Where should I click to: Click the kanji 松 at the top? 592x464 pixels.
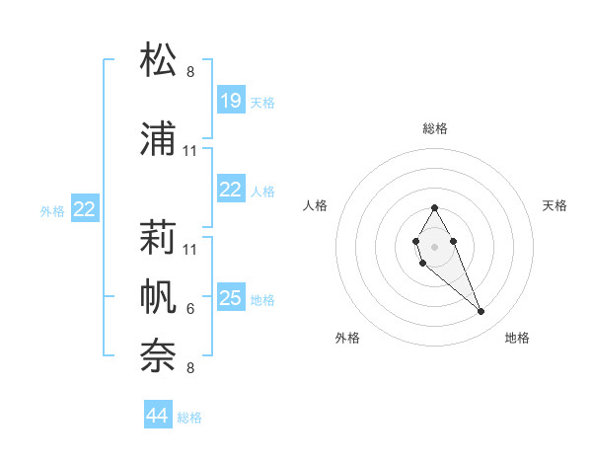click(x=159, y=60)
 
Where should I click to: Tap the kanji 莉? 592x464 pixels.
click(x=159, y=237)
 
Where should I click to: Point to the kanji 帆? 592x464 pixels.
click(x=159, y=295)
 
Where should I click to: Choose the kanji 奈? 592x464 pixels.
click(x=159, y=354)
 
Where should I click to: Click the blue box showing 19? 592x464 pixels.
click(x=231, y=101)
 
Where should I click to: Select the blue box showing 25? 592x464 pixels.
click(x=231, y=298)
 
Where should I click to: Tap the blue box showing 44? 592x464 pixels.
click(x=158, y=416)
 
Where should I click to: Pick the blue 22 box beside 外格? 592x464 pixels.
click(x=85, y=209)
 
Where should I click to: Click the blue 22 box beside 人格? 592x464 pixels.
click(x=231, y=191)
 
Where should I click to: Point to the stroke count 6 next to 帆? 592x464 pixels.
click(x=190, y=309)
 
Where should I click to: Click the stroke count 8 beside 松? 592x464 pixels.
click(x=190, y=72)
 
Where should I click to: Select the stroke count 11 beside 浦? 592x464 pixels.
click(x=190, y=151)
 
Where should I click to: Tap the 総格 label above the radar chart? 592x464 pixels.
click(x=434, y=128)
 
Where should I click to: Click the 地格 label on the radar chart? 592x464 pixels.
click(x=517, y=338)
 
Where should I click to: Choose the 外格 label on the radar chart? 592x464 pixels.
click(x=347, y=338)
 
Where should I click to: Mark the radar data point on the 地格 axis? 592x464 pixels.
click(x=481, y=312)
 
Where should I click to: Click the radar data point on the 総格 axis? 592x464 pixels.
click(x=434, y=208)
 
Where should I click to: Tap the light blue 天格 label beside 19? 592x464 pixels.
click(x=262, y=102)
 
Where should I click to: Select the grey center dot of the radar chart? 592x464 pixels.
click(x=434, y=245)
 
